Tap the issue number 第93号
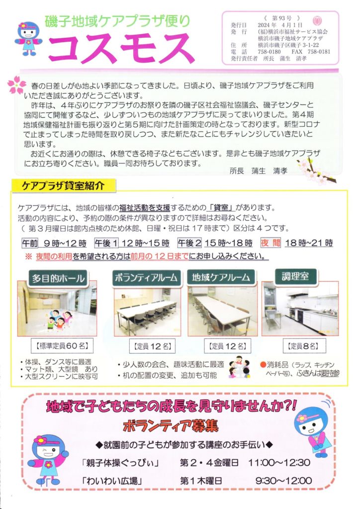tap(281, 18)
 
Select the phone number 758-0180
tap(269, 52)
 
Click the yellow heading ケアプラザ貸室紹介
tap(63, 185)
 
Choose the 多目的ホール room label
tap(58, 278)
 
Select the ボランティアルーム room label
tap(146, 277)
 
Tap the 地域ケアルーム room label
tap(221, 277)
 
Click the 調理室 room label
tap(295, 276)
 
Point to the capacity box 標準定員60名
tap(62, 346)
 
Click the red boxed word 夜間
tap(270, 243)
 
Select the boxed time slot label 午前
tap(30, 243)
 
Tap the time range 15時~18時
tap(228, 243)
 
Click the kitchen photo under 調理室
tap(300, 309)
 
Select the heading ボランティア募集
tap(171, 426)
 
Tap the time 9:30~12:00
tap(283, 481)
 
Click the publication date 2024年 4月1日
tap(280, 25)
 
